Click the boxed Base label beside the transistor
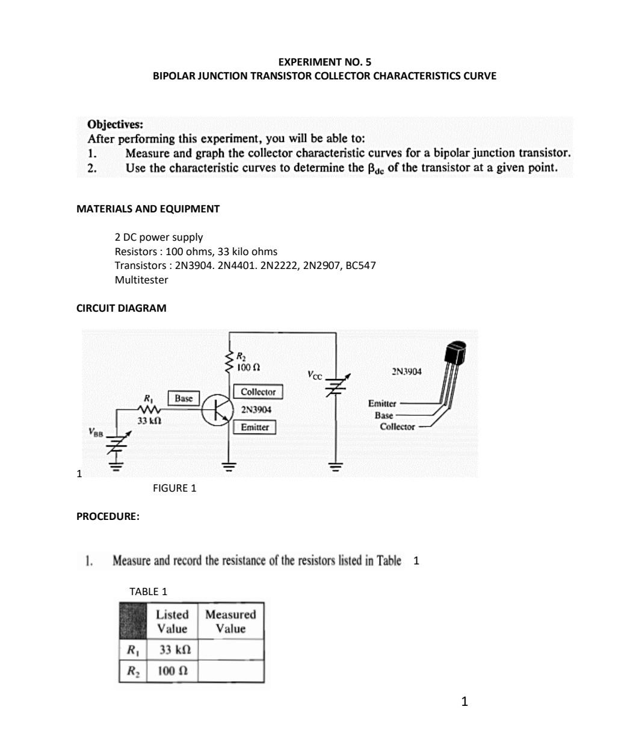click(x=184, y=398)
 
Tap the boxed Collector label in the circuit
click(x=258, y=392)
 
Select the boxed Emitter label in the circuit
click(x=255, y=427)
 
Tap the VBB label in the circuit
click(x=96, y=431)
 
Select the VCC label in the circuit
click(x=314, y=375)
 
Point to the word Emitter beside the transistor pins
click(x=382, y=403)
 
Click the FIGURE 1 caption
click(x=174, y=488)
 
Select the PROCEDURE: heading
click(x=108, y=516)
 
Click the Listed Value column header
click(x=172, y=622)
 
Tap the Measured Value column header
click(x=230, y=622)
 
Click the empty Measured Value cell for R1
click(x=230, y=650)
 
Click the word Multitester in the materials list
click(x=141, y=280)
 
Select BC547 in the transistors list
click(x=360, y=265)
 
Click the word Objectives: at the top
click(x=116, y=125)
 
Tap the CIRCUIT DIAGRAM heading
click(x=122, y=308)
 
